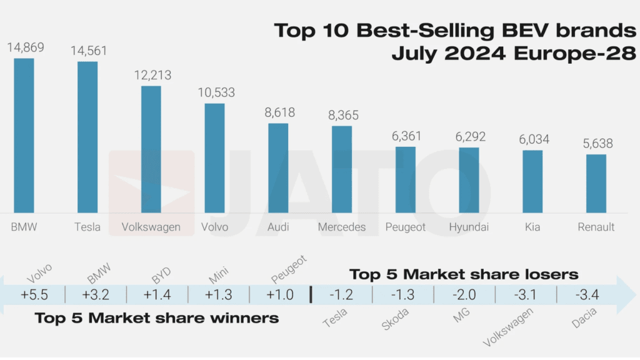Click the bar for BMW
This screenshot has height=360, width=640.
click(24, 135)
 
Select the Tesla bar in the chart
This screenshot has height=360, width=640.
click(87, 137)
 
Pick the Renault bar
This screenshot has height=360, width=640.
click(596, 183)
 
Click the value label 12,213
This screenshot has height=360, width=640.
click(151, 76)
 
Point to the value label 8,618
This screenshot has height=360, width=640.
click(278, 113)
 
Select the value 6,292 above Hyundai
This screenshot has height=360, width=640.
click(468, 137)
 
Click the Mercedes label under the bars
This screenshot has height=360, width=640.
click(341, 227)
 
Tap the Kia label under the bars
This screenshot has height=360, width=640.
click(532, 227)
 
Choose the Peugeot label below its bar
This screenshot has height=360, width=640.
click(406, 227)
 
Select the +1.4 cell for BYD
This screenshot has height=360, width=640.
click(156, 294)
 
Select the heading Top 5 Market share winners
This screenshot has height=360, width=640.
click(156, 318)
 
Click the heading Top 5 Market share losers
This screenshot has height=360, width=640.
click(464, 274)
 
